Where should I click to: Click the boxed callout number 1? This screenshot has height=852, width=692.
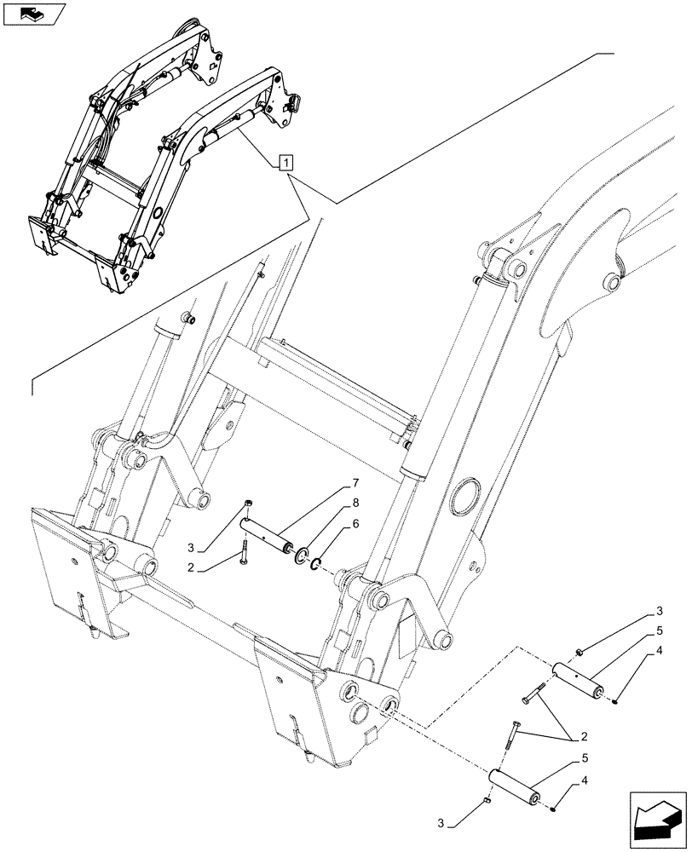pyautogui.click(x=286, y=162)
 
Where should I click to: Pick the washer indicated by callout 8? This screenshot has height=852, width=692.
pyautogui.click(x=302, y=556)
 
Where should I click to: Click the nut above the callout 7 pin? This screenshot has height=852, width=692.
pyautogui.click(x=246, y=504)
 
